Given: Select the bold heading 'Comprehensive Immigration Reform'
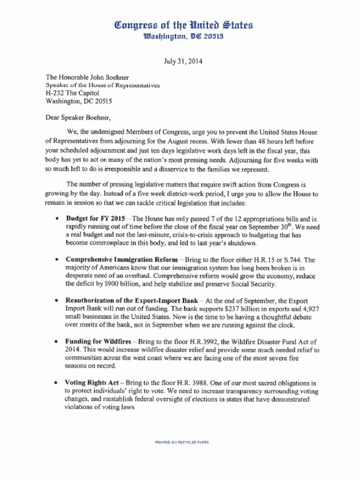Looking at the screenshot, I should [x=121, y=259].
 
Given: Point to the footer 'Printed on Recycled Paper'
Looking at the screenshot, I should [x=181, y=442].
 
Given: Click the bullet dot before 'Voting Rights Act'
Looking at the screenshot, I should [x=57, y=383].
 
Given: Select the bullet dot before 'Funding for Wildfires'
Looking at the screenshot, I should [x=57, y=342].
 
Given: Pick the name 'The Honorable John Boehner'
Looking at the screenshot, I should [x=87, y=77].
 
